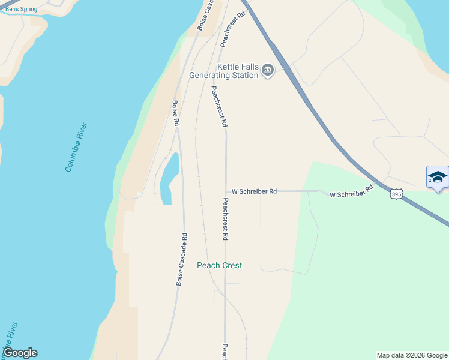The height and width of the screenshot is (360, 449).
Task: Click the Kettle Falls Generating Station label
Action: tap(223, 71)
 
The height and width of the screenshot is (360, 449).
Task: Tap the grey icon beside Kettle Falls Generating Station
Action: tap(268, 71)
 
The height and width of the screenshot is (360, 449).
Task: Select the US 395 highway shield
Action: tap(396, 194)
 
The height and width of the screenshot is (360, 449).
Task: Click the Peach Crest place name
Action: tap(220, 265)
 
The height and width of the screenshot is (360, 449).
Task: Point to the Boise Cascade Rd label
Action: tap(181, 259)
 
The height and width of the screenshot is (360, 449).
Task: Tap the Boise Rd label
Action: tap(176, 113)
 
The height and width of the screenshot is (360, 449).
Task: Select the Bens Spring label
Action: tap(21, 10)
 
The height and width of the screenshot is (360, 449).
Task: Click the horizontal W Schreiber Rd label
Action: tap(254, 191)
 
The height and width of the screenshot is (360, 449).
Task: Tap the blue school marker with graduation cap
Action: tap(438, 177)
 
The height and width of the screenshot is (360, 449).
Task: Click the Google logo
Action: tap(20, 353)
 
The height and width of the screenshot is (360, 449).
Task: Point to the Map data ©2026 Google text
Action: tap(412, 355)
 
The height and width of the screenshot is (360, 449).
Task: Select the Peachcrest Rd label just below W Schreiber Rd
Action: tap(225, 220)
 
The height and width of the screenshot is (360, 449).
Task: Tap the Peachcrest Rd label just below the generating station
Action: tap(218, 106)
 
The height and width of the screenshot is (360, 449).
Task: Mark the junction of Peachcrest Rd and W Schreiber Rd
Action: tap(226, 191)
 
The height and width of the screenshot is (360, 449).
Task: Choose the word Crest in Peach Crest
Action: tap(232, 265)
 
